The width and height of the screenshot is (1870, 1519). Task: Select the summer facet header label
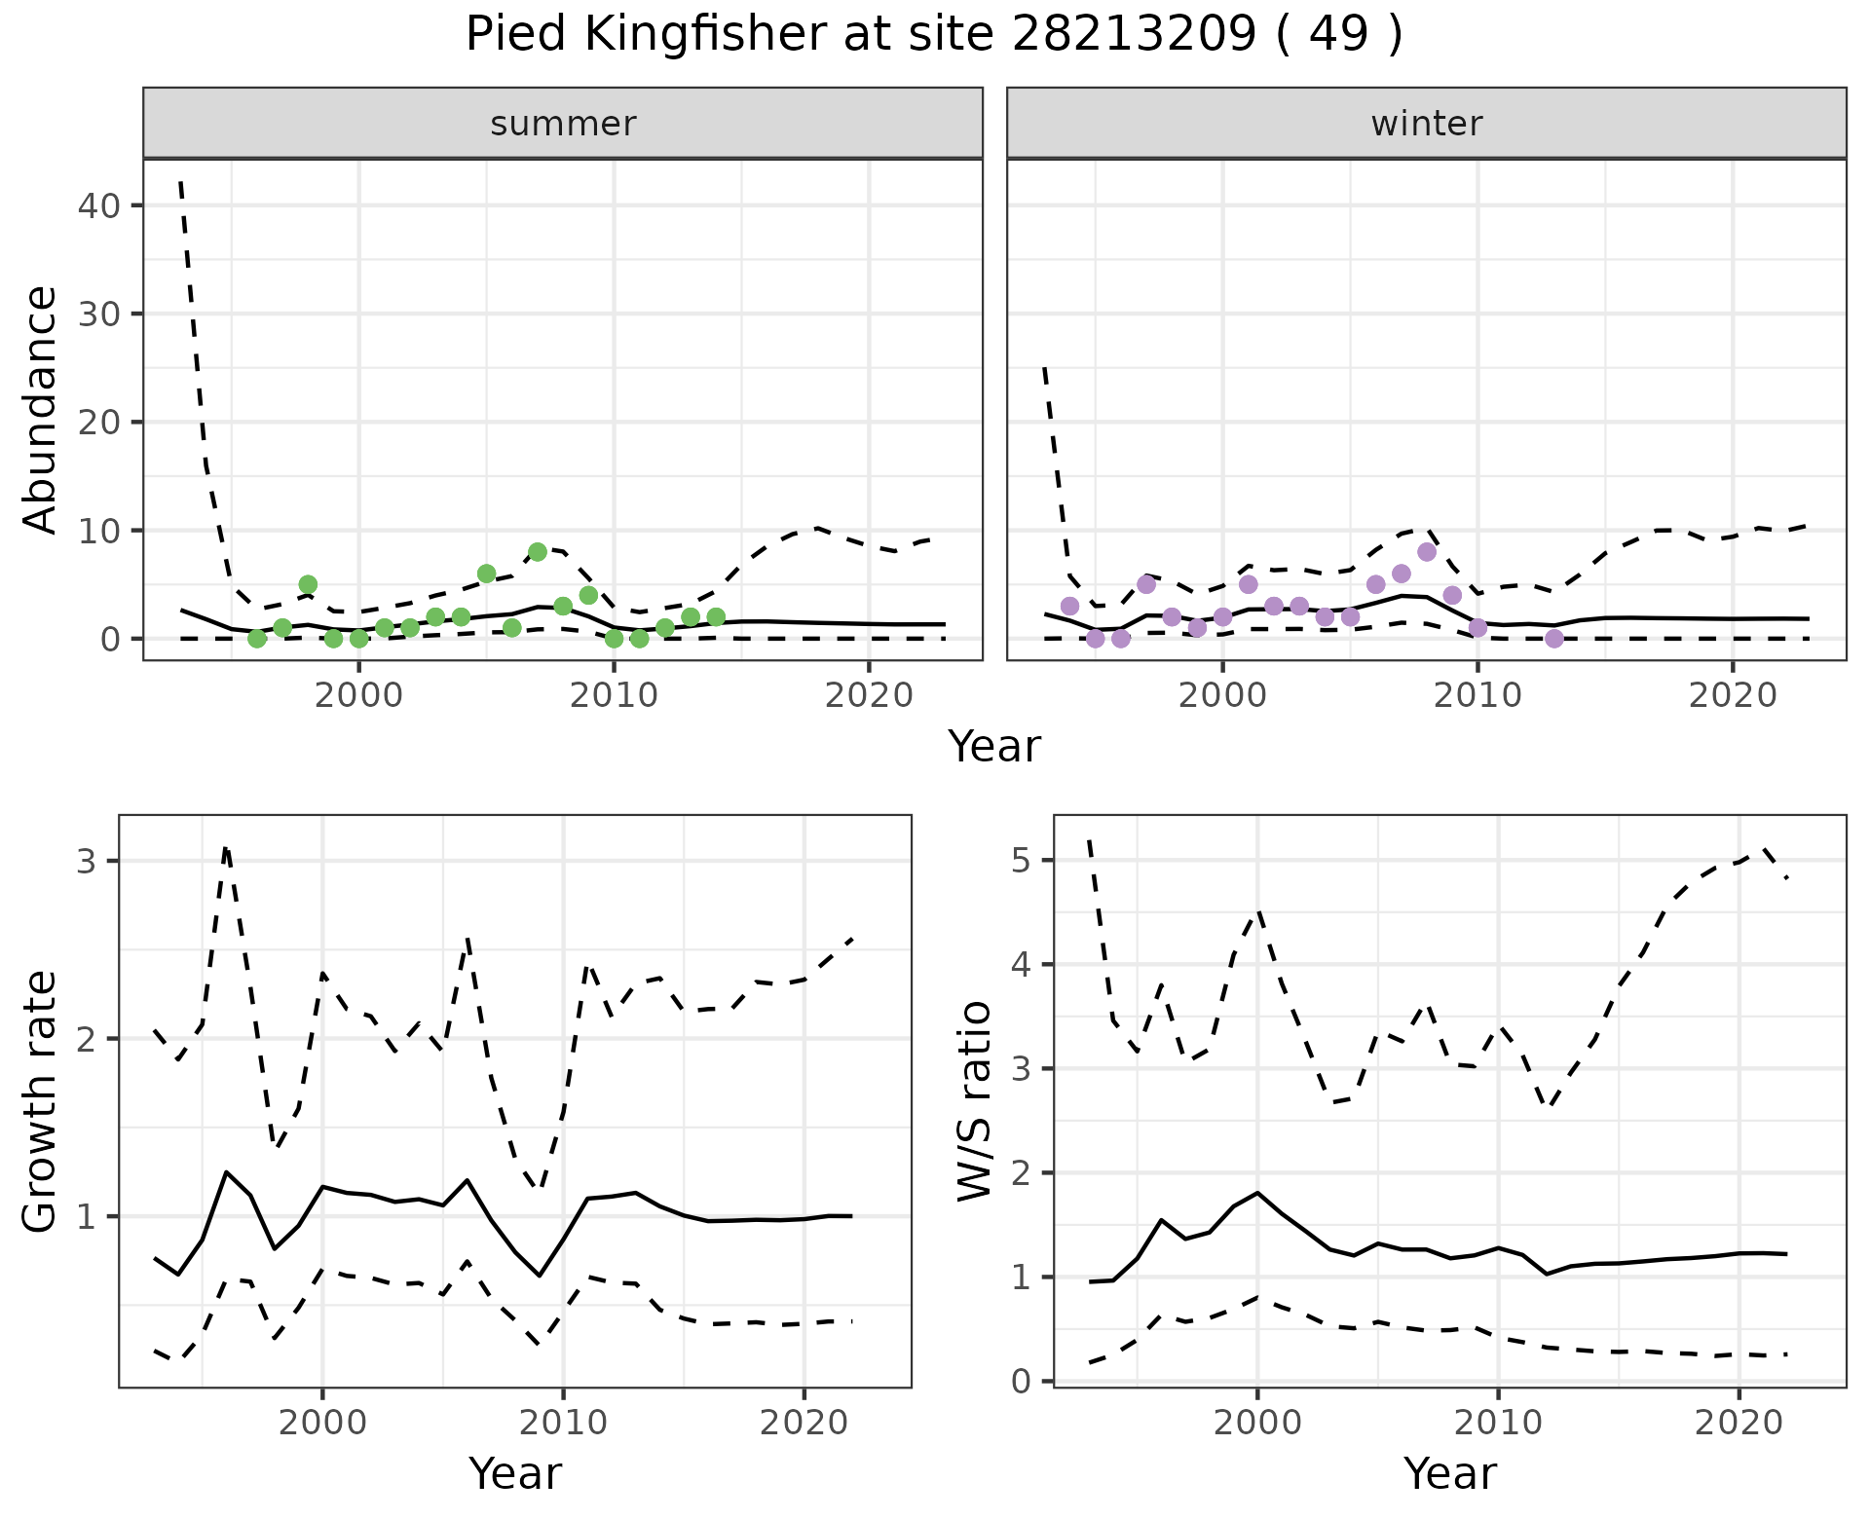[x=563, y=124]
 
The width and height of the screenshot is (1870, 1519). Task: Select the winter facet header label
[x=1426, y=124]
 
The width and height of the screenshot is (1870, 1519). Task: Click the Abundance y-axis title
[x=40, y=409]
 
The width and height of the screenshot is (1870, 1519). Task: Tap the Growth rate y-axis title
[x=40, y=1101]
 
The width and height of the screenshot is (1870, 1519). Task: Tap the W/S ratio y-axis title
[x=974, y=1101]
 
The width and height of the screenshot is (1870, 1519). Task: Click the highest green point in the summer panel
[x=538, y=552]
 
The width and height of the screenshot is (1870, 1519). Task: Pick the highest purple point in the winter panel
[x=1427, y=552]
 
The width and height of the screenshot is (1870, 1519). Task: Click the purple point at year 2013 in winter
[x=1554, y=639]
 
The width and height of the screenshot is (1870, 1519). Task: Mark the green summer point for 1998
[x=308, y=584]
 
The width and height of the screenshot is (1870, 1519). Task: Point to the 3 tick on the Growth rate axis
[x=86, y=861]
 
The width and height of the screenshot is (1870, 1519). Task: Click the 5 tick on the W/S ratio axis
[x=1021, y=861]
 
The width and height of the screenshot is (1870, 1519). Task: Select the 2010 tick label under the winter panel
[x=1477, y=695]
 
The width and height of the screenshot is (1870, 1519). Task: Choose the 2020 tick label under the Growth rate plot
[x=804, y=1423]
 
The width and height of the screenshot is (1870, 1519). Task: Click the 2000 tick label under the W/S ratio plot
[x=1257, y=1423]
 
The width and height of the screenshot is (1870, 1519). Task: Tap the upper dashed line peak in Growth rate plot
[x=226, y=849]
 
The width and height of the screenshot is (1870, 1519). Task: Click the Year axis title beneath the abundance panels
[x=994, y=747]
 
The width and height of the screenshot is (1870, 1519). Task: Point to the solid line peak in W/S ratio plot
[x=1257, y=1193]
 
